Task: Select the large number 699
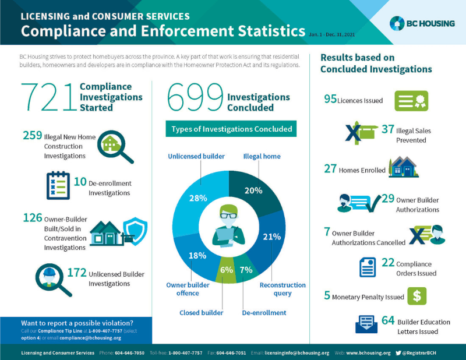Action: click(x=195, y=97)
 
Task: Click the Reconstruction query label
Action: click(x=283, y=289)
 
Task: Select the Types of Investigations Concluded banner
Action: click(x=231, y=128)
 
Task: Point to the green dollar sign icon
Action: click(x=416, y=296)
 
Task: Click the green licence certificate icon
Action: click(x=411, y=100)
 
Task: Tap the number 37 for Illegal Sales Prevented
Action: click(x=388, y=129)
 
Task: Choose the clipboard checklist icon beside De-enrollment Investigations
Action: click(x=58, y=185)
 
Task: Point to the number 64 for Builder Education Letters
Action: click(x=388, y=320)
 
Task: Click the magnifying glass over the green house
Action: click(x=113, y=146)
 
